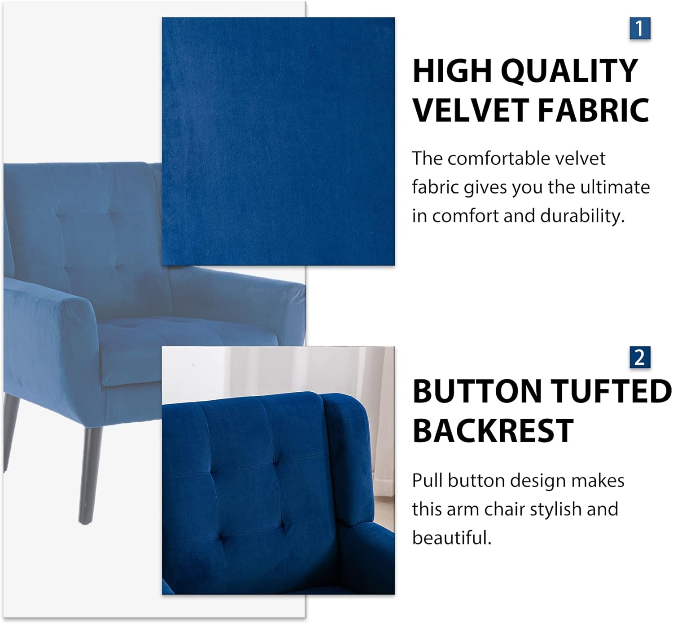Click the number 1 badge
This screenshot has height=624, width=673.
click(x=639, y=28)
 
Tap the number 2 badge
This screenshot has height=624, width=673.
click(x=639, y=358)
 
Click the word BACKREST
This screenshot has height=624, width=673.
click(x=493, y=430)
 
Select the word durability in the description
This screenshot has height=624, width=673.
click(x=582, y=216)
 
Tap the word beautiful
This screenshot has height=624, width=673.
click(x=451, y=538)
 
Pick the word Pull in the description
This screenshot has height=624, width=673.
click(x=427, y=481)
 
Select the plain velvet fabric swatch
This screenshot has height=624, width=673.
click(x=278, y=141)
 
